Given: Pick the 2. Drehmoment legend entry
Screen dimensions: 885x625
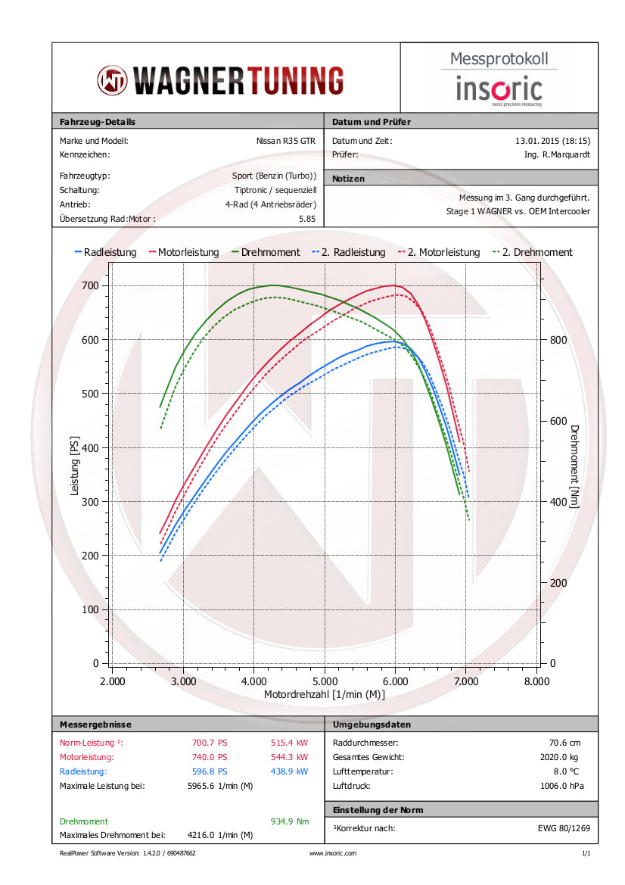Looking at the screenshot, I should tap(533, 252).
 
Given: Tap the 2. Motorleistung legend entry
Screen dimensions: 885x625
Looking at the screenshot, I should tap(439, 252).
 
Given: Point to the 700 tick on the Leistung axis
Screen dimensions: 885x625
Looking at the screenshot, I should tap(91, 285).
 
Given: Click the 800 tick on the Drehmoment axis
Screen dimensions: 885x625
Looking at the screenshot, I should tap(557, 339).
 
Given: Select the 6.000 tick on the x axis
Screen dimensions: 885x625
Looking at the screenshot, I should tap(395, 681).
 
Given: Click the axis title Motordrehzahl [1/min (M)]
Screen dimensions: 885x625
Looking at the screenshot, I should tap(323, 693).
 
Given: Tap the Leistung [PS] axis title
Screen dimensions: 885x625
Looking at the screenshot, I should tap(74, 465).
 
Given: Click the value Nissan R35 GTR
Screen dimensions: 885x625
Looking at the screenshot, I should tap(287, 140).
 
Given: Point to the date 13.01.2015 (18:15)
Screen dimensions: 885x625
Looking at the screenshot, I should tap(552, 140).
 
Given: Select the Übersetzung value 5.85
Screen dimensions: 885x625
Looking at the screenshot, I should tap(307, 219).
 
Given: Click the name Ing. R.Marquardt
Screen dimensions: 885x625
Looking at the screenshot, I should tap(556, 154).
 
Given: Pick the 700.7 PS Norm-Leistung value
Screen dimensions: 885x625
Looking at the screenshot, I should tap(210, 743).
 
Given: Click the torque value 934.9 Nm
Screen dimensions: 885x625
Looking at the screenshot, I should tap(289, 821).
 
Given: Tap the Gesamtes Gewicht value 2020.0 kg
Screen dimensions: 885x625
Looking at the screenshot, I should tap(563, 757).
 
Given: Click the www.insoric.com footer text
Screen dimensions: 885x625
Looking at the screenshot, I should tap(333, 853).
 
